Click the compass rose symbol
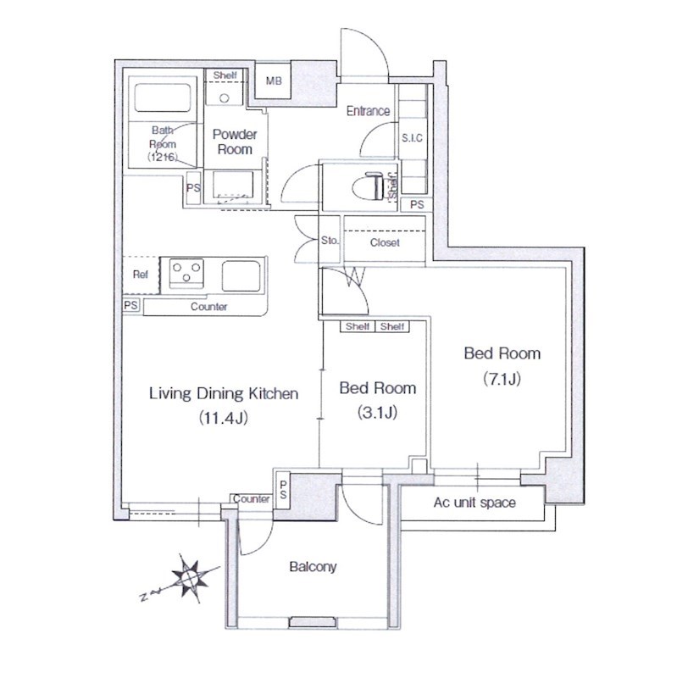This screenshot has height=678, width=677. coord(190,578)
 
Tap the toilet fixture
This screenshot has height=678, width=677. coord(368,186)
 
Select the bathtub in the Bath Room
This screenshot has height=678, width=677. coord(163,97)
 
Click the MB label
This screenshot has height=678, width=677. coord(274,81)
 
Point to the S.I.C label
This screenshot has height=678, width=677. coord(412,138)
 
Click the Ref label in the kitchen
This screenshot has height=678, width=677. coord(141,274)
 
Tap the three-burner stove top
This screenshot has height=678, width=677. coord(186,273)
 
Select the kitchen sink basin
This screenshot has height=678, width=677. coord(241,276)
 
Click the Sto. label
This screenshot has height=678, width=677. coord(330,241)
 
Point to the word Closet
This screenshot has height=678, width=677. coord(385,242)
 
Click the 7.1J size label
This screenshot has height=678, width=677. coord(502,379)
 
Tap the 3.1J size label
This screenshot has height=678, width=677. coord(377,413)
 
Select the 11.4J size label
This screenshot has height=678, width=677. coord(223,418)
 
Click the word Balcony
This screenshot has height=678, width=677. coord(313,567)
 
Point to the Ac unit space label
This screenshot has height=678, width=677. coord(474,503)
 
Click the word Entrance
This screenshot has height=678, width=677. coord(369,111)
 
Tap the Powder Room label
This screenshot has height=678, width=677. coord(235,142)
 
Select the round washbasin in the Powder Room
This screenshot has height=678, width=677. coord(224,98)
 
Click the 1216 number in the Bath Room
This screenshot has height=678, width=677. coord(162,157)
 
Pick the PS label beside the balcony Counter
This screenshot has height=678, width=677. coord(283,490)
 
